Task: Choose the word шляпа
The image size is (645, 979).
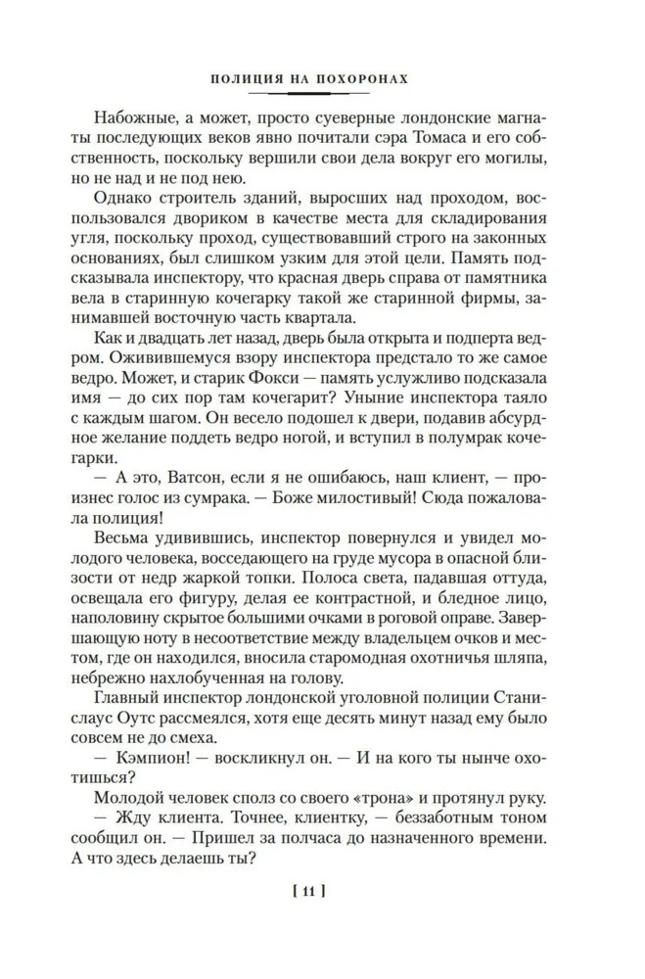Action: [x=508, y=675]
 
